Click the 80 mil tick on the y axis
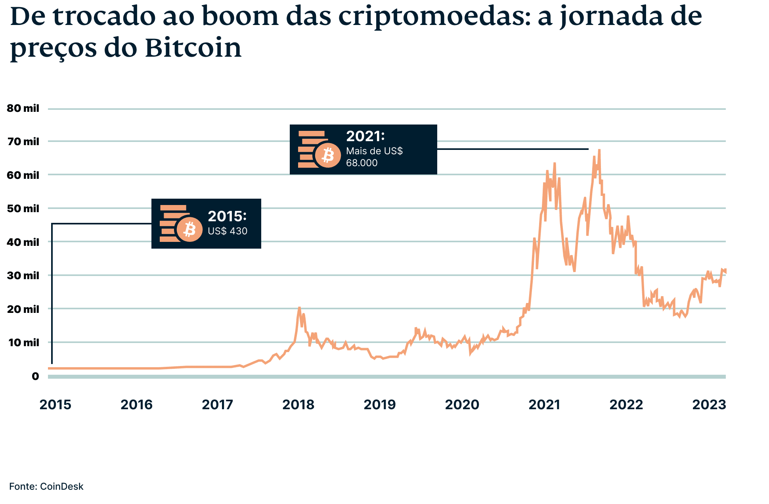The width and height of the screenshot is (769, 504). [x=23, y=108]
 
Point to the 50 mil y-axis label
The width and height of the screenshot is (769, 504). [x=23, y=209]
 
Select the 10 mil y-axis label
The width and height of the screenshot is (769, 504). [x=23, y=343]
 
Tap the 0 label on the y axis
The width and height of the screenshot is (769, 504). [x=35, y=376]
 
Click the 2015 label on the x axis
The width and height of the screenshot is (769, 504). [x=55, y=404]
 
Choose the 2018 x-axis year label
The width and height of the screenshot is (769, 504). [x=298, y=404]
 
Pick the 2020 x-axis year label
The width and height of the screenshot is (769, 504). [x=462, y=404]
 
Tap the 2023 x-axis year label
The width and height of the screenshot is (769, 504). [x=709, y=404]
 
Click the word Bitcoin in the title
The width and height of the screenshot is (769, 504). [x=193, y=48]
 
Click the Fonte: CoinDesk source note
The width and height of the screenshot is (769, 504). [x=46, y=486]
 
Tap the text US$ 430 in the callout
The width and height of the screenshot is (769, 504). [x=228, y=231]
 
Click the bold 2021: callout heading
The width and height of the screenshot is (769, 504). [x=365, y=136]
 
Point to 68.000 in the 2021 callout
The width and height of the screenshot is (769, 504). [x=362, y=163]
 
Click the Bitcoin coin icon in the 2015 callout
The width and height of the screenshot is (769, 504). [x=189, y=229]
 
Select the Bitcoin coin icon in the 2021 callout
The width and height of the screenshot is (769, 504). [x=328, y=155]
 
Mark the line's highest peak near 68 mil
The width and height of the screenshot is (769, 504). [x=599, y=150]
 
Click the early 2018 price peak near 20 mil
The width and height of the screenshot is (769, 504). [x=299, y=308]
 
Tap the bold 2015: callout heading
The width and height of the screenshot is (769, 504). [x=227, y=216]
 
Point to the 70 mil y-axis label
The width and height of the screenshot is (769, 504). [x=23, y=142]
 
